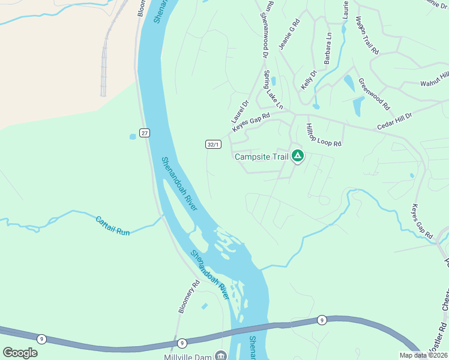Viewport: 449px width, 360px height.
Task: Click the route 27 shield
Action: point(145,133)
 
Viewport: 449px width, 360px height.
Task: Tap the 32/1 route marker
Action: point(214,145)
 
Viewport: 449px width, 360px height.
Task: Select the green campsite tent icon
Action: point(297,157)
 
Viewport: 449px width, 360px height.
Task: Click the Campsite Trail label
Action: point(262,157)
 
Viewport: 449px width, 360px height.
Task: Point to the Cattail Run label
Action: point(113,225)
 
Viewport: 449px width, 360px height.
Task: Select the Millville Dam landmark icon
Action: point(220,356)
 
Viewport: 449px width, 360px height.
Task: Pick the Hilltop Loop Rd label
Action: point(324,136)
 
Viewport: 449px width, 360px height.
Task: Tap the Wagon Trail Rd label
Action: point(367,37)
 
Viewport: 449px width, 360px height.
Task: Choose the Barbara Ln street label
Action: point(328,49)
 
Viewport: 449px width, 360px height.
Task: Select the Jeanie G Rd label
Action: point(289,34)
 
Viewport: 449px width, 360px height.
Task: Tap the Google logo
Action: point(20,353)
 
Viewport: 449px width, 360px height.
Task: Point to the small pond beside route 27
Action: point(133,137)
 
